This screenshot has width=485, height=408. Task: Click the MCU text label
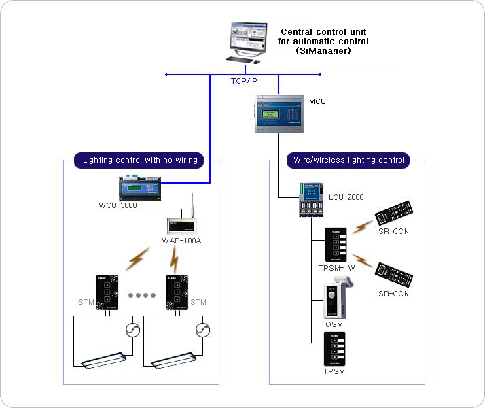(317, 101)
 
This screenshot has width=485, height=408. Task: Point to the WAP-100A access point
(182, 224)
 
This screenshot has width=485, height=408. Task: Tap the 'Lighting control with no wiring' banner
(140, 160)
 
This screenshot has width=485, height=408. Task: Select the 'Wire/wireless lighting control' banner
(348, 160)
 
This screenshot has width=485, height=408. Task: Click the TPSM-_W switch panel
(336, 245)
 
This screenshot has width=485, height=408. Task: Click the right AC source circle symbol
(202, 330)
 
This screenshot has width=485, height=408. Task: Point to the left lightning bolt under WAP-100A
(139, 258)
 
